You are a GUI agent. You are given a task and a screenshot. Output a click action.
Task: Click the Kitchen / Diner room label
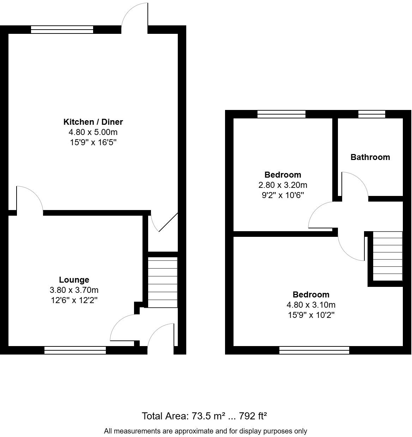93,122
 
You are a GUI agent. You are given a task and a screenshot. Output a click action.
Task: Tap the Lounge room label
74,280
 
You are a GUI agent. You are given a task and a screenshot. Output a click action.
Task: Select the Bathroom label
370,157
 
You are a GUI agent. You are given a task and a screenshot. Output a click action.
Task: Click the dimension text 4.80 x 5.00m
93,132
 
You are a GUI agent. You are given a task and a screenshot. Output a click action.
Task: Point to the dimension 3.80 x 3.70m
74,290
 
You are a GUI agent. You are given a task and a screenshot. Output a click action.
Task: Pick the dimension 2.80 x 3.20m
283,185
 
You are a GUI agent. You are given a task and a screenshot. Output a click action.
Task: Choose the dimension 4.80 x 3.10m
311,305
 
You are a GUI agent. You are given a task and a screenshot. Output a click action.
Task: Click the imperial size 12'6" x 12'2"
74,300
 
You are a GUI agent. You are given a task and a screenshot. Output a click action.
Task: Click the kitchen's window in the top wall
62,30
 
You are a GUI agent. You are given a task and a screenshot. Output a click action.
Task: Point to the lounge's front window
75,350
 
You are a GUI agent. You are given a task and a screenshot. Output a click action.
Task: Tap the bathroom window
372,114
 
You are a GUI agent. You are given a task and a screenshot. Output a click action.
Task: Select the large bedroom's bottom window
314,350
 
